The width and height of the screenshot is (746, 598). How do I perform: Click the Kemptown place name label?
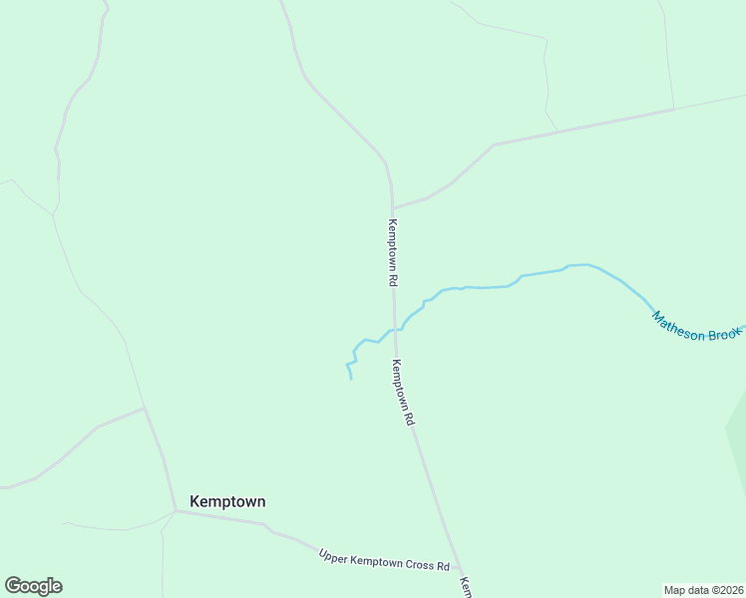tap(227, 501)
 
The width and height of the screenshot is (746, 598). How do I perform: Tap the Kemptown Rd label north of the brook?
tap(393, 253)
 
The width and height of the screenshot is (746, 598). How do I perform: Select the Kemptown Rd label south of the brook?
tap(403, 393)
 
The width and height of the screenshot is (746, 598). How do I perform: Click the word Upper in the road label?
tap(335, 555)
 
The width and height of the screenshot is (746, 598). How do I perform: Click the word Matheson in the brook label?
tap(678, 328)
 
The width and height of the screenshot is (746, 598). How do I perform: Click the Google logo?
tap(33, 586)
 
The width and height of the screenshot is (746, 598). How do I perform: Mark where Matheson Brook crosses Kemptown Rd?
tap(396, 328)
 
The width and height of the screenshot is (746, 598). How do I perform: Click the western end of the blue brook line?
tap(351, 379)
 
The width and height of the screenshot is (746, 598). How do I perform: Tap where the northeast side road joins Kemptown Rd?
tap(392, 208)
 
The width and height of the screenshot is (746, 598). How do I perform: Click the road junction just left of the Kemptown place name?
tap(176, 511)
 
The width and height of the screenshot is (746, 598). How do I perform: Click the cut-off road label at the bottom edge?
tap(465, 587)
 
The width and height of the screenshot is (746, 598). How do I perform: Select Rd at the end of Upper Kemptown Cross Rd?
tap(443, 566)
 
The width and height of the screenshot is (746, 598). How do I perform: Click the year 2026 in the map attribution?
tap(731, 589)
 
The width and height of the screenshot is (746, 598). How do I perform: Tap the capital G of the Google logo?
tap(13, 586)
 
